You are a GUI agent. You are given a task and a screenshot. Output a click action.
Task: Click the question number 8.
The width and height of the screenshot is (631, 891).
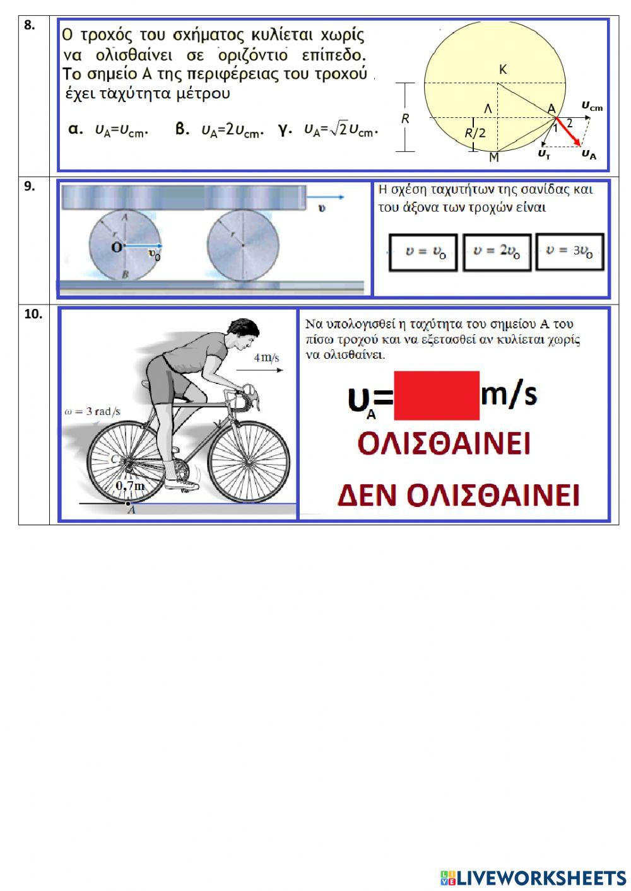click(x=29, y=25)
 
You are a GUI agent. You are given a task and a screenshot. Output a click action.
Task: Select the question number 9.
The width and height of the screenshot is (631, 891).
click(x=29, y=186)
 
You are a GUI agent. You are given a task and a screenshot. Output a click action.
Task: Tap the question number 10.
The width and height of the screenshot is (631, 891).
click(x=33, y=314)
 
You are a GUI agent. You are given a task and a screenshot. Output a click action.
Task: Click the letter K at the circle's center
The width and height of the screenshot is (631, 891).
click(x=503, y=70)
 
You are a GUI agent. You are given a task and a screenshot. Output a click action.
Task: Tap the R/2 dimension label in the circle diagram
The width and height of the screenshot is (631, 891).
click(x=475, y=133)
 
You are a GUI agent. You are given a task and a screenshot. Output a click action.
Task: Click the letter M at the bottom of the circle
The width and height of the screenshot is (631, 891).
click(x=493, y=158)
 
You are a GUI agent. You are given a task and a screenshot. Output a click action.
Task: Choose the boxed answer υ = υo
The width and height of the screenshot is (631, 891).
click(x=423, y=252)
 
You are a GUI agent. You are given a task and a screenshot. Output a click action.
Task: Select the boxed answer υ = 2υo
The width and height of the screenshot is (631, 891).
click(x=497, y=252)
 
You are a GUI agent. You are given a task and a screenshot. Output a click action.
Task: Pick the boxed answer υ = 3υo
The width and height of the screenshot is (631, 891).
click(x=570, y=251)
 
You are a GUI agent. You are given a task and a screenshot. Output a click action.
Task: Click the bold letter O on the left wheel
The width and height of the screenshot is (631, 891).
click(x=117, y=247)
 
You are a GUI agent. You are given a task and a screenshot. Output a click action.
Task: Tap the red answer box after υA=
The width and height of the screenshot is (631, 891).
click(x=436, y=395)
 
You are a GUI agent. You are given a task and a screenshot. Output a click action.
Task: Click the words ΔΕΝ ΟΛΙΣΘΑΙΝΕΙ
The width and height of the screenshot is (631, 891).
click(x=458, y=495)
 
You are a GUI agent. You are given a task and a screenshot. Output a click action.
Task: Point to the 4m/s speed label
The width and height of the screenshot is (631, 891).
click(x=266, y=358)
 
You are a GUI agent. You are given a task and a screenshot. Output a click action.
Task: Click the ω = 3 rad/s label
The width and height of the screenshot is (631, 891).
click(x=93, y=412)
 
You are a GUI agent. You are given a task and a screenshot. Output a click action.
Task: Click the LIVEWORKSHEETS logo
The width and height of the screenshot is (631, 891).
click(x=533, y=877)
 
